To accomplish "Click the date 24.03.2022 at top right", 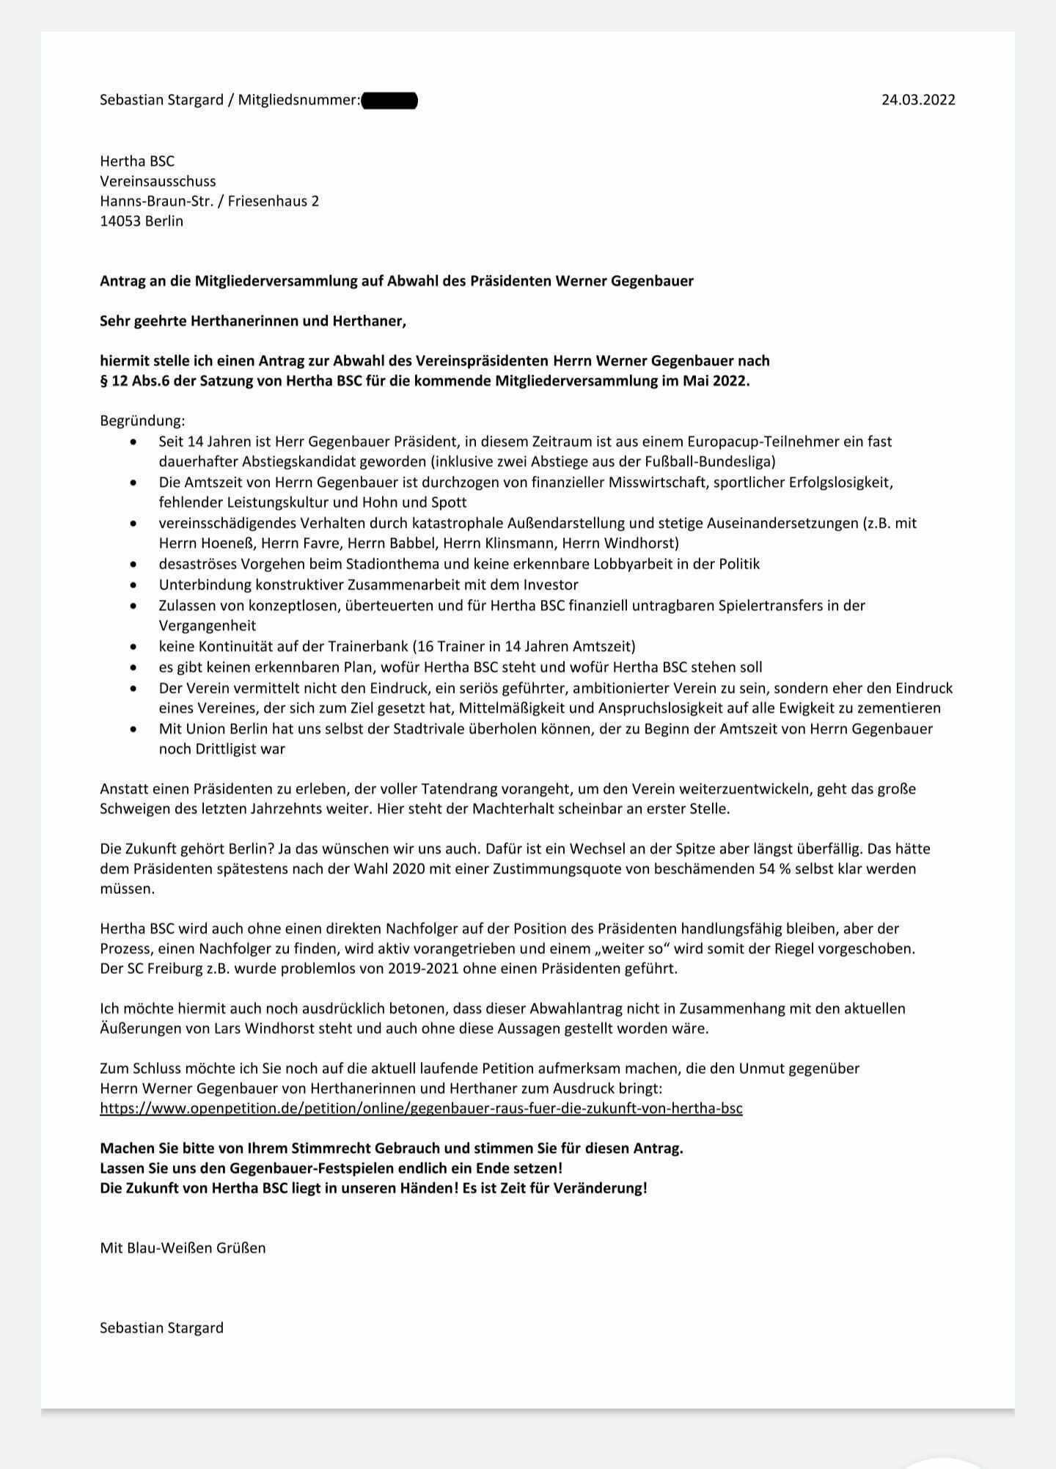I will (918, 100).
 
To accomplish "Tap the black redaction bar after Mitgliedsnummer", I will (389, 100).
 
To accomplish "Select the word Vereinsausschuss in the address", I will (158, 181).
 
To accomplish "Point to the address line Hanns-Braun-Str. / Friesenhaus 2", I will (209, 201).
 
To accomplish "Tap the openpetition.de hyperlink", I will (421, 1107).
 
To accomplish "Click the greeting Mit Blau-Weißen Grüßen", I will (183, 1247).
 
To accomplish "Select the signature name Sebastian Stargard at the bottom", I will (161, 1327).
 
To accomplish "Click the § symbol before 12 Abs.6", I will (104, 381).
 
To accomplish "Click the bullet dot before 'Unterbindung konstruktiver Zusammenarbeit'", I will (133, 585).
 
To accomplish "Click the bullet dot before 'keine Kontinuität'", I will (133, 647).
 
